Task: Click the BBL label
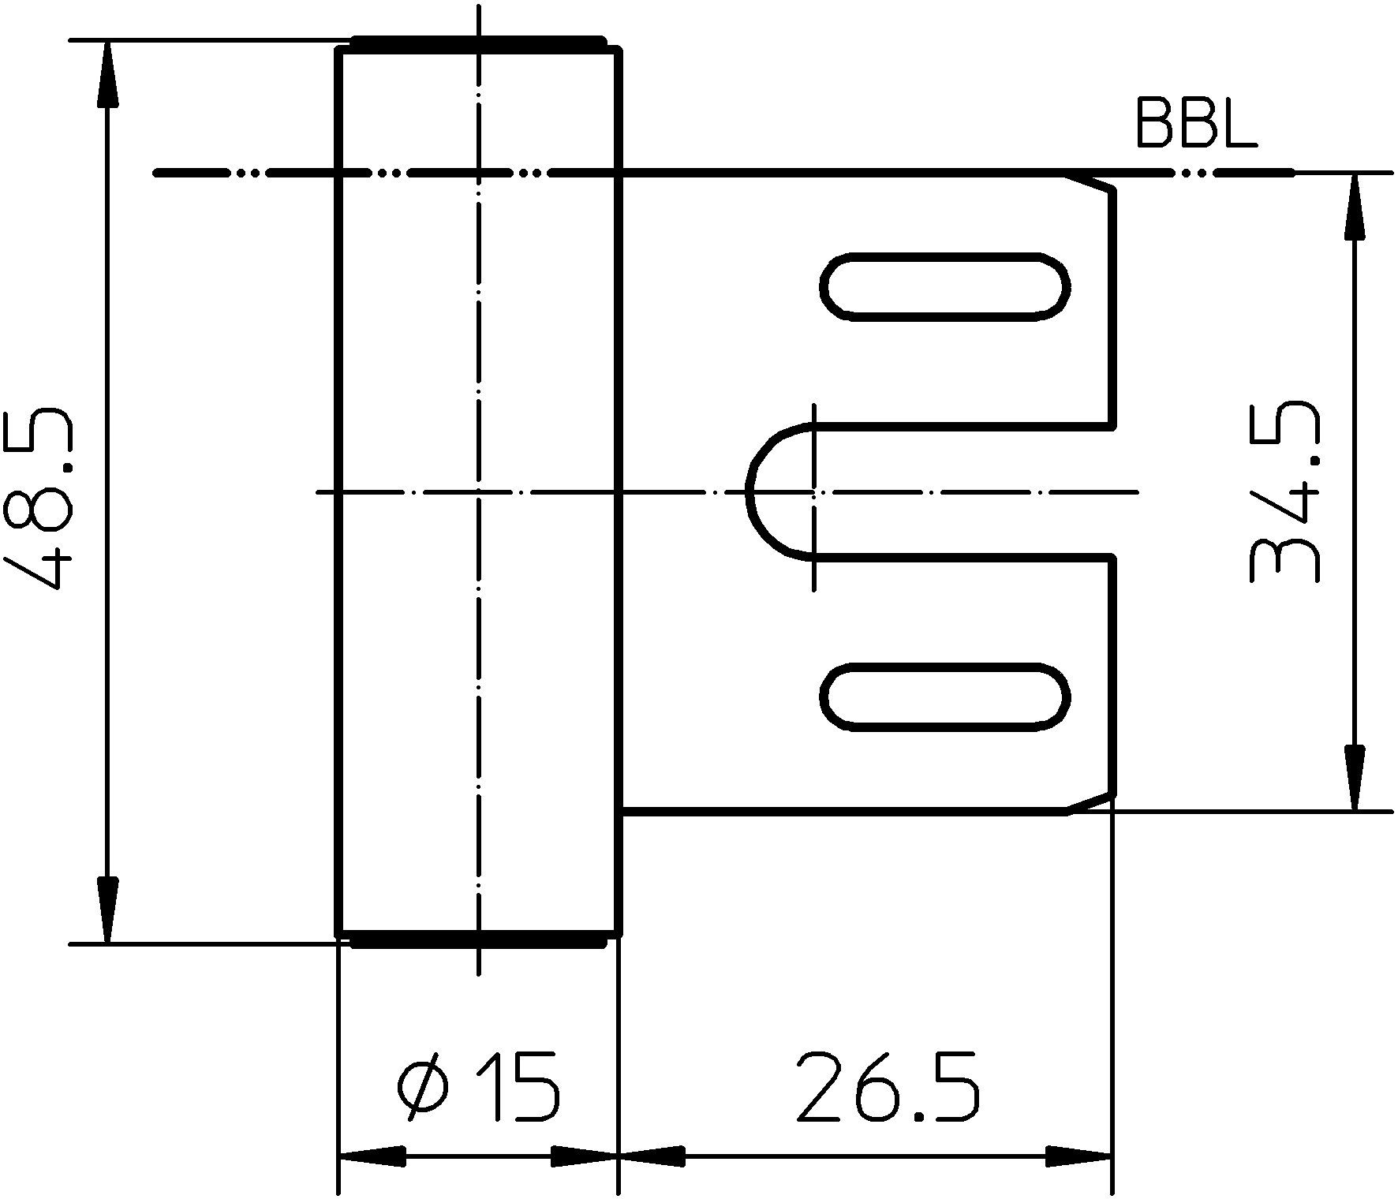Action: click(x=1195, y=125)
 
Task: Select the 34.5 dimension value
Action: click(x=1284, y=493)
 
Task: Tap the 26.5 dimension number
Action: click(x=888, y=1086)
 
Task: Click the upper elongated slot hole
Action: click(x=944, y=286)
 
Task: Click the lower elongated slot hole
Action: click(x=944, y=697)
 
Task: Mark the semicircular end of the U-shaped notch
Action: click(x=769, y=492)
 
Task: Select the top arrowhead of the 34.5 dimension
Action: click(x=1355, y=206)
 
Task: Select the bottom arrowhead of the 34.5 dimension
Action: click(x=1355, y=778)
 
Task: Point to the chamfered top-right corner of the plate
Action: click(x=1093, y=182)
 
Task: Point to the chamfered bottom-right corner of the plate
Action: click(x=1093, y=801)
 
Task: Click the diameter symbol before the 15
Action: click(x=424, y=1086)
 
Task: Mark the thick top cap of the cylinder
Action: click(x=477, y=44)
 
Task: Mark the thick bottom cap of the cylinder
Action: click(x=477, y=939)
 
